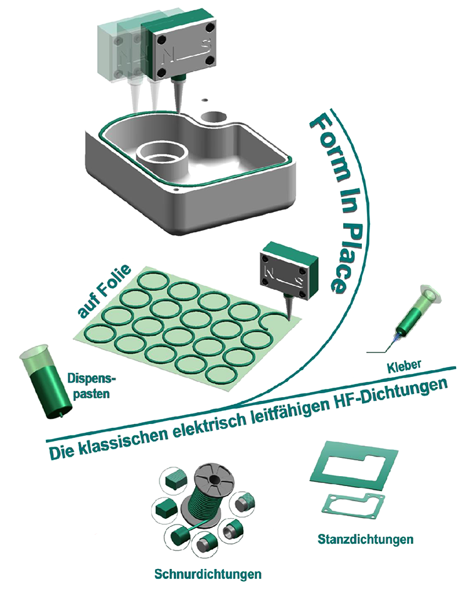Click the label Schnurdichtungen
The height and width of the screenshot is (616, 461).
[208, 574]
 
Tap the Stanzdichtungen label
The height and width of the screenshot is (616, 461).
[365, 539]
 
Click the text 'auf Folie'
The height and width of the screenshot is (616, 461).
[104, 290]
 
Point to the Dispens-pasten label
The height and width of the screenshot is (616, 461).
[91, 386]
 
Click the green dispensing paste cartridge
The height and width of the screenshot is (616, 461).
[46, 381]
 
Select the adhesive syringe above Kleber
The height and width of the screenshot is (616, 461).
[412, 314]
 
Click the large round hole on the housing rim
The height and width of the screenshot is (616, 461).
[215, 117]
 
